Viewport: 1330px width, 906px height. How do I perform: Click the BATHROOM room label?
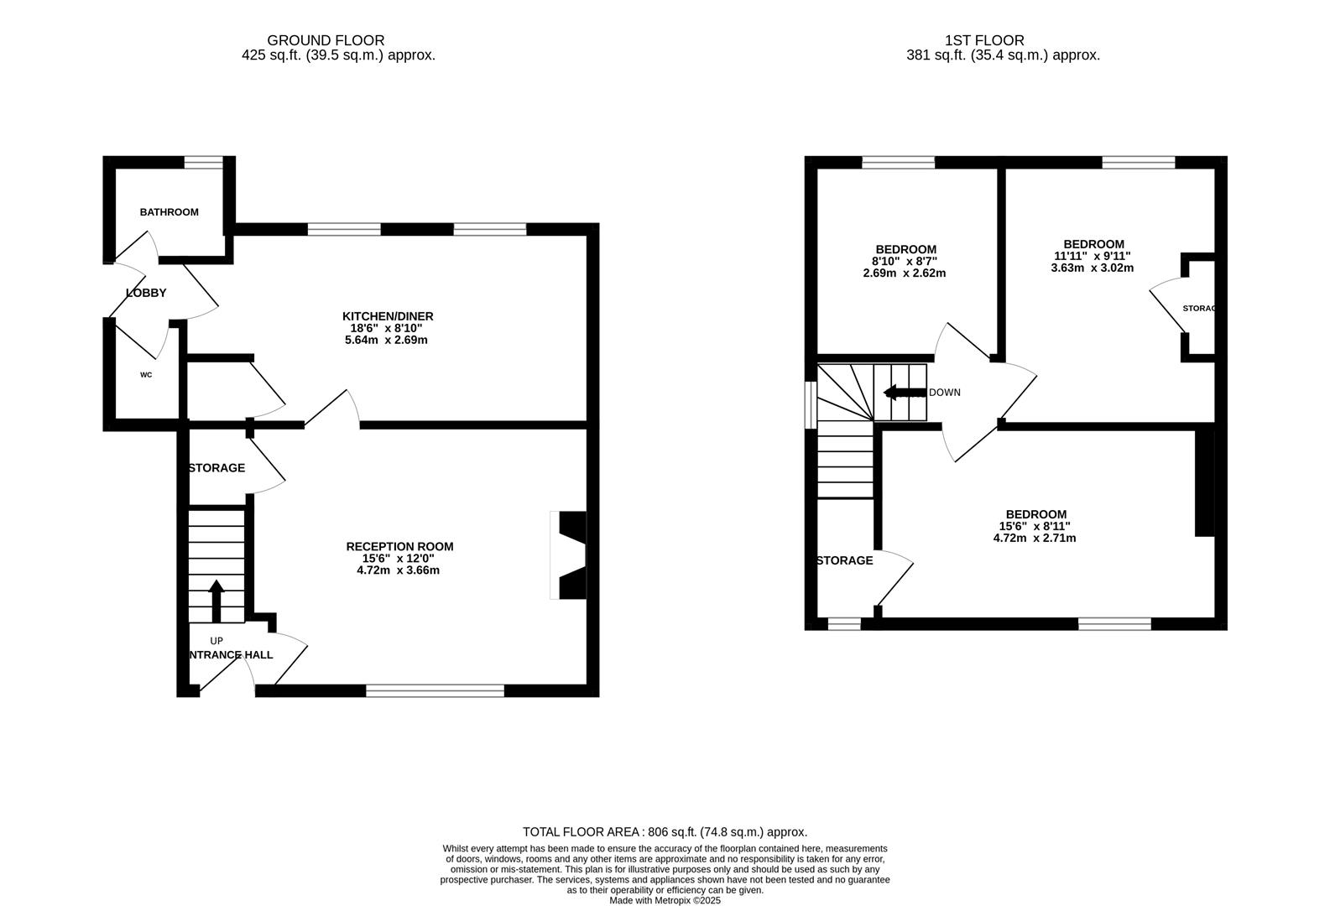[169, 212]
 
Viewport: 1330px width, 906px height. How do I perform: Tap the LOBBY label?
[146, 293]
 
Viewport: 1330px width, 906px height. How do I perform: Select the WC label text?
[146, 375]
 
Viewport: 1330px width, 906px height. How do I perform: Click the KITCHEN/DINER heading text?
[388, 316]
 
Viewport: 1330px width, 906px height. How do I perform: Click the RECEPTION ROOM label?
[399, 546]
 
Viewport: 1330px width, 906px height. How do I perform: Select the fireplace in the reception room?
[570, 555]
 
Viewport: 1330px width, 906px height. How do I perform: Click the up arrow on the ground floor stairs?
[216, 600]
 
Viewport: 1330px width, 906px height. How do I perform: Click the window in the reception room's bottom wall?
[435, 690]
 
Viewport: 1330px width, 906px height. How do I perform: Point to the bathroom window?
[204, 162]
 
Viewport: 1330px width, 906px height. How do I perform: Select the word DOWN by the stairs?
[945, 393]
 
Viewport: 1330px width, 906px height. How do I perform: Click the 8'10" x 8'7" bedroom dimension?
[905, 261]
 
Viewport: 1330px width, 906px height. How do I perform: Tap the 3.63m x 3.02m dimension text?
[1092, 268]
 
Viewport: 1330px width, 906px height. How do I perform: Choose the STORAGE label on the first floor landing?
[844, 560]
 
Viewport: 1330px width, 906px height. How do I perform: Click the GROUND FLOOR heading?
[326, 40]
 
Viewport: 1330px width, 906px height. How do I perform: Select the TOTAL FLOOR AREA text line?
[665, 832]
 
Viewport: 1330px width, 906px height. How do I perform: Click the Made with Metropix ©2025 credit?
[665, 900]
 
